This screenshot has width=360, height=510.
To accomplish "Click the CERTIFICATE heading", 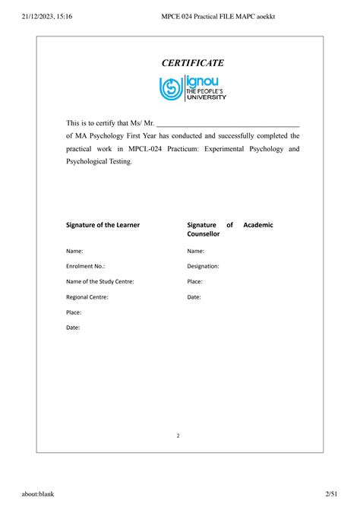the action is pos(192,63).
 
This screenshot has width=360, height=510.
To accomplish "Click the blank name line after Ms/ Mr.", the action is pos(228,122).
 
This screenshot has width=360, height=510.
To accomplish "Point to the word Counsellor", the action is pos(204,234).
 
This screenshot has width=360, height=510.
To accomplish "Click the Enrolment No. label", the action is pos(86,266).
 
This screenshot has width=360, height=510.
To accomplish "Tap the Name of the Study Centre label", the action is pos(100,281).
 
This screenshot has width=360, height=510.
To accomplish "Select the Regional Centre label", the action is pos(87,297).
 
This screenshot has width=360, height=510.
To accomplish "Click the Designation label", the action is pos(203,266).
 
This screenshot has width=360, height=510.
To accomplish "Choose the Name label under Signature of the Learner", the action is pos(74,251).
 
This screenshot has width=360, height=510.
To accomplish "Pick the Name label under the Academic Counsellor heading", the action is pos(195,251).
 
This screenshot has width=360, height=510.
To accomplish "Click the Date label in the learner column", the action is pos(73,328).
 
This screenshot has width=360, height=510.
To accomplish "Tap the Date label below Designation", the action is pos(194,297).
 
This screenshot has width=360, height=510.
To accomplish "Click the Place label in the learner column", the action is pos(74,312).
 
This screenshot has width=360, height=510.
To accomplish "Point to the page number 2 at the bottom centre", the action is pos(178,436).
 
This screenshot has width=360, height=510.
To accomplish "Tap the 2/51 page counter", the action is pos(331,494).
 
